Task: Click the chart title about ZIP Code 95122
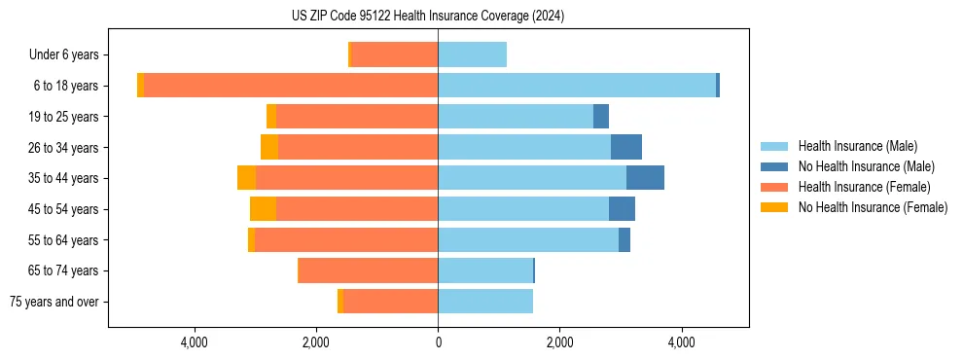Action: [x=428, y=17]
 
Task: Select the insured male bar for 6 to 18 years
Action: [x=577, y=86]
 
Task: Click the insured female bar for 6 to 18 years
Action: [x=291, y=86]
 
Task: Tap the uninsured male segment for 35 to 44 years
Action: [x=645, y=178]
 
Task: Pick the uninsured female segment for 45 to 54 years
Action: [x=263, y=209]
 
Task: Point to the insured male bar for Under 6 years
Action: [x=472, y=55]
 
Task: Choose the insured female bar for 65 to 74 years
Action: [x=368, y=270]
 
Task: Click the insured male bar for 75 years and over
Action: [x=485, y=302]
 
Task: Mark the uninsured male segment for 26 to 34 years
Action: [x=626, y=147]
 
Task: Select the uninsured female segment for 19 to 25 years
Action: [x=271, y=117]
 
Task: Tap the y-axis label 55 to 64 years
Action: [x=65, y=240]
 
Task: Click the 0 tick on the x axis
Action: [x=438, y=342]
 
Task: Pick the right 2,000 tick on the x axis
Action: [x=559, y=342]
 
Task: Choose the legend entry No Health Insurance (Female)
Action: [x=873, y=207]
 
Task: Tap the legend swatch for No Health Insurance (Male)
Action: [x=775, y=166]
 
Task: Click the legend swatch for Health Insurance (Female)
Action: [x=775, y=187]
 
